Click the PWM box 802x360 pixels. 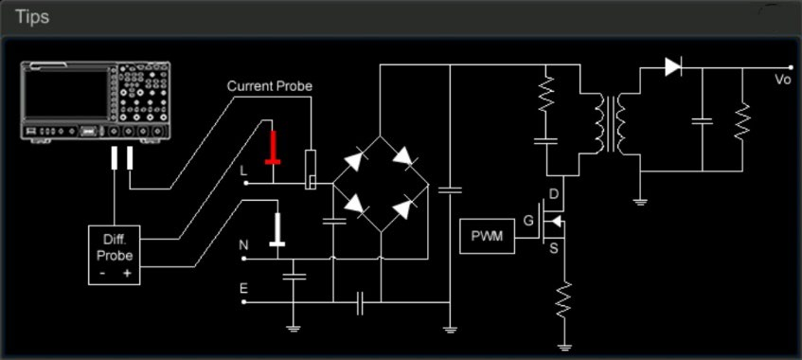(x=487, y=236)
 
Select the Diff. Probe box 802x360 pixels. (x=114, y=255)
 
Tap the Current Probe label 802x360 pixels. (x=270, y=86)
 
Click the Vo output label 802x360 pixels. (x=783, y=80)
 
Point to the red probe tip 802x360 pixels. (x=273, y=148)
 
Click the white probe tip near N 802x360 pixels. (x=277, y=229)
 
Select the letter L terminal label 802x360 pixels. (x=243, y=171)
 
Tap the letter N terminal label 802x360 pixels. (x=243, y=245)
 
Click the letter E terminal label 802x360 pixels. (x=243, y=289)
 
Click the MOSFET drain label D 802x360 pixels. (x=554, y=194)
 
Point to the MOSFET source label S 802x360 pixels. (x=554, y=249)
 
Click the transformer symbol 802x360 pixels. (x=612, y=123)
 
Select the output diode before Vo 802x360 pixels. (x=673, y=67)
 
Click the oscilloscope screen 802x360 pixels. (x=66, y=93)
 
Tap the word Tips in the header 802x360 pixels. (x=31, y=17)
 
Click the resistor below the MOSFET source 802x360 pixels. (x=563, y=299)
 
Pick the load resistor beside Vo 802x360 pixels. (x=742, y=121)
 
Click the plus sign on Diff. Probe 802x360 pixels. (x=127, y=274)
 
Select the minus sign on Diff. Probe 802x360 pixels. (x=103, y=274)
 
